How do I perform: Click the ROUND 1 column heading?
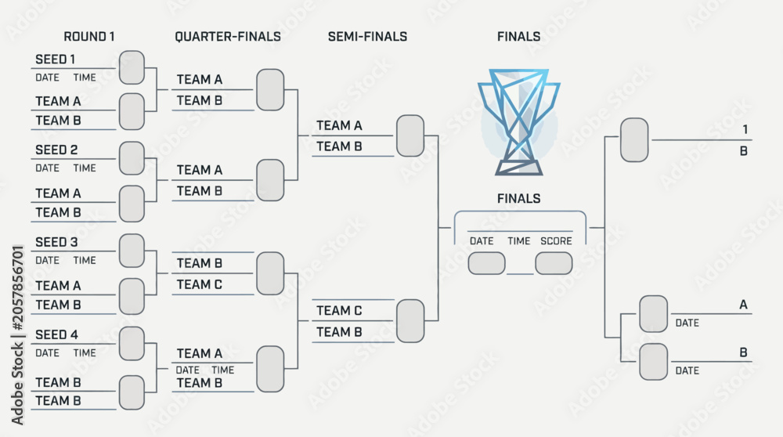click(x=89, y=37)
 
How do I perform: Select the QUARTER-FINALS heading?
click(x=228, y=37)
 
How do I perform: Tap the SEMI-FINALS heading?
click(x=367, y=37)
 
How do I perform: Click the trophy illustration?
click(x=519, y=122)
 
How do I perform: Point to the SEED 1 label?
click(x=56, y=60)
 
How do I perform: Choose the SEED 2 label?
click(x=56, y=150)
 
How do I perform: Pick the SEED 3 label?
click(x=56, y=242)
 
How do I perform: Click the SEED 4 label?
click(x=56, y=334)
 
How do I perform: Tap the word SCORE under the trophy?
click(x=556, y=241)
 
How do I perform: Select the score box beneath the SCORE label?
click(x=554, y=263)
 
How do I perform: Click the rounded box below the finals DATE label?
click(x=486, y=263)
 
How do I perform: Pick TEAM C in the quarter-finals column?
click(x=199, y=284)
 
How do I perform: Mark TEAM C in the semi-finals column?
click(x=339, y=311)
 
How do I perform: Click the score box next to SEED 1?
click(x=132, y=67)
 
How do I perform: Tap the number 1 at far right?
click(x=745, y=130)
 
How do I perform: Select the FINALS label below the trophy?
click(x=519, y=199)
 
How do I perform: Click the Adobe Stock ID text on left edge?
click(x=17, y=335)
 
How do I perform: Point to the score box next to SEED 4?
click(x=132, y=344)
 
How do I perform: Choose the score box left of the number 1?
click(x=634, y=140)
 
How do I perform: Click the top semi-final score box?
click(x=410, y=135)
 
